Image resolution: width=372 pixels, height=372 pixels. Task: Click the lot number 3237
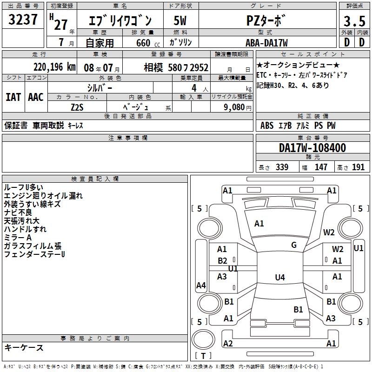[x=23, y=20]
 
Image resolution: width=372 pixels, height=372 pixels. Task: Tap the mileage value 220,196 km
[x=54, y=67]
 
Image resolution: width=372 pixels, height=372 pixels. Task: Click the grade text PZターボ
[x=266, y=21]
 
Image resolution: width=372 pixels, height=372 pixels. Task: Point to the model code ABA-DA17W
[x=266, y=43]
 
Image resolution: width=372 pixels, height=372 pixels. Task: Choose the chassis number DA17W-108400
[x=312, y=148]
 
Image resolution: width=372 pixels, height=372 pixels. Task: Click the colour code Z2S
[x=77, y=106]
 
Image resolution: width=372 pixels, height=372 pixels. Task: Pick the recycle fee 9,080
[x=231, y=107]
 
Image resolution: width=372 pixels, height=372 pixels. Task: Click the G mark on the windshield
[x=293, y=245]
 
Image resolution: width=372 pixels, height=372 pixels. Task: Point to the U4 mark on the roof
[x=279, y=278]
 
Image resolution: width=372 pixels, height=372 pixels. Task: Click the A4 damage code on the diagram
[x=201, y=286]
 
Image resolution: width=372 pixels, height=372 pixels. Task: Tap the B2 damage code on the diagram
[x=222, y=261]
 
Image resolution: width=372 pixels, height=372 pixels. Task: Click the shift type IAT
[x=13, y=97]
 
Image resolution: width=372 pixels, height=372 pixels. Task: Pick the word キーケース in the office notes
[x=24, y=347]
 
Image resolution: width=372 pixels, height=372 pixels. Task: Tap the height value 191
[x=358, y=167]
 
